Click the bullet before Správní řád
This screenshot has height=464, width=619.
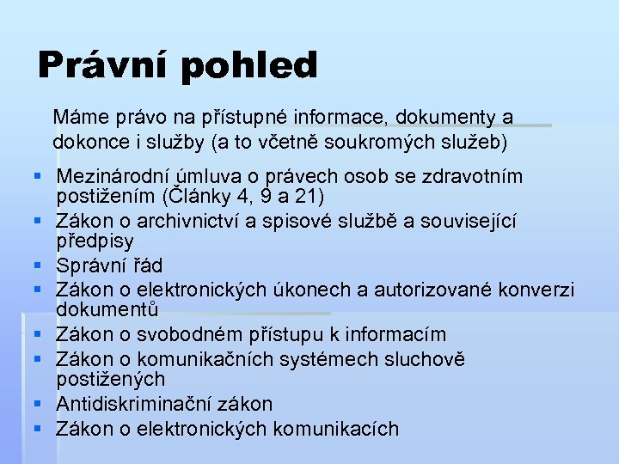pos(38,266)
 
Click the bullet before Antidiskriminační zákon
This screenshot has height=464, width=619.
pos(38,404)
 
